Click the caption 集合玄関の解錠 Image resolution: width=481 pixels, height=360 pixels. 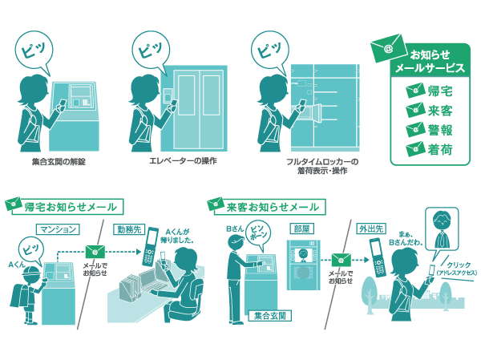57,162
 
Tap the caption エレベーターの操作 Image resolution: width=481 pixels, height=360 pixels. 184,160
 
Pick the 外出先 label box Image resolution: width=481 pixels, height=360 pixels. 373,229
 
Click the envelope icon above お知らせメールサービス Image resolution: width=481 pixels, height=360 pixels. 389,49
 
